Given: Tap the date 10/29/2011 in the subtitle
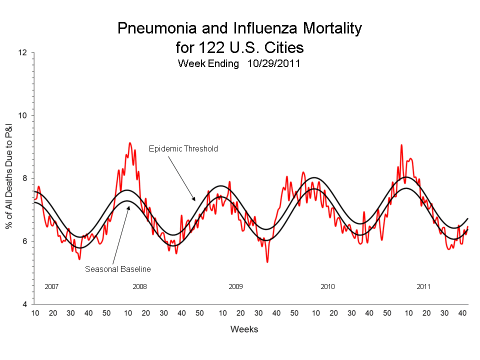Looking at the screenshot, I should [x=273, y=63].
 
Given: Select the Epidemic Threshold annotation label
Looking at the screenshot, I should [x=183, y=148].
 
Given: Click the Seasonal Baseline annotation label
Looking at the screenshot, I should [x=117, y=269].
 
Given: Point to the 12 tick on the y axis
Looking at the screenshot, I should [x=23, y=52].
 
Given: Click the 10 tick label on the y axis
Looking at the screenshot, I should [x=23, y=115].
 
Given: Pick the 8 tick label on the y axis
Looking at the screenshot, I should [x=25, y=178].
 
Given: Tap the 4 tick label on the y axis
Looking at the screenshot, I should [x=25, y=304].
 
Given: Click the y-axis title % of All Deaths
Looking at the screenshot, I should [x=9, y=178].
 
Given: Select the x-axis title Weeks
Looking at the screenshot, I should [x=244, y=329].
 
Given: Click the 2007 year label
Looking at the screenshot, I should [x=51, y=287].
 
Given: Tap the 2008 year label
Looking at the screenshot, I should [x=139, y=287].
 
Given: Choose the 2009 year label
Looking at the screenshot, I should [x=235, y=287].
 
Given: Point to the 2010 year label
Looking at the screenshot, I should [x=327, y=287].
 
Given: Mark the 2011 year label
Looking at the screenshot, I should [x=423, y=287].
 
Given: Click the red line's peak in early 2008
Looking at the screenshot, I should [x=130, y=143].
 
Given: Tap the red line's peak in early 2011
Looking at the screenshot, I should [x=401, y=145].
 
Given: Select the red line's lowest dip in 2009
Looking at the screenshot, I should [x=267, y=261].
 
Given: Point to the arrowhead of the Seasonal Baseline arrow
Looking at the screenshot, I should [x=128, y=205].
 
